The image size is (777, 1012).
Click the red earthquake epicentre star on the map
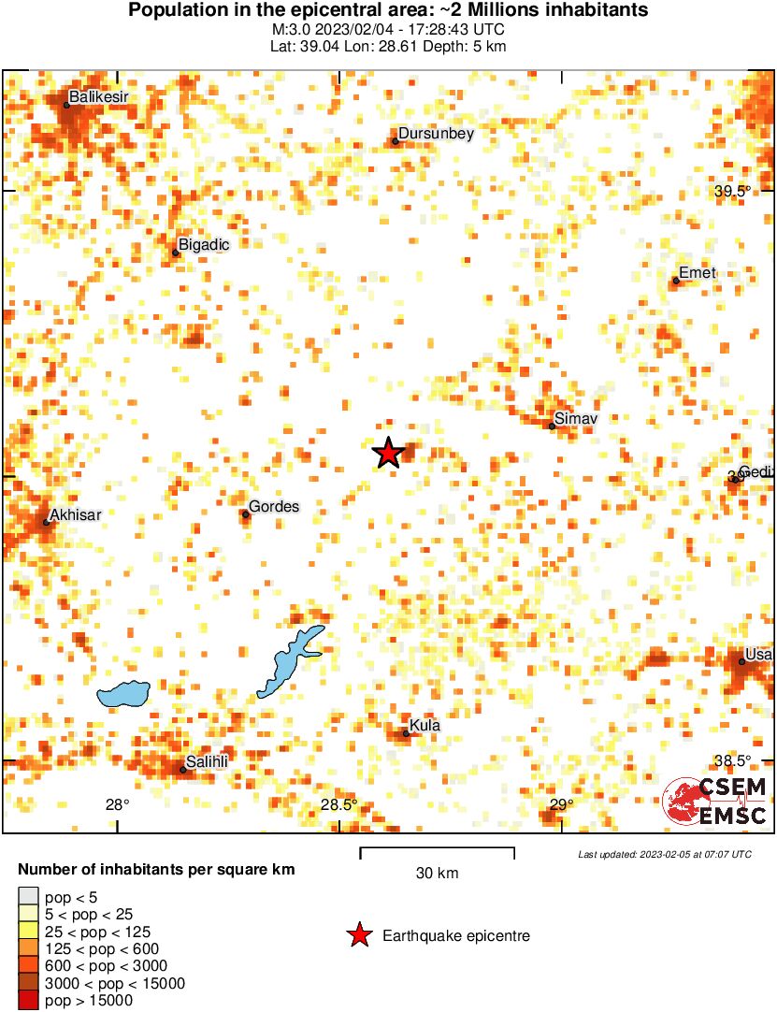[388, 454]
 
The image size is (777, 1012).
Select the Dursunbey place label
[437, 134]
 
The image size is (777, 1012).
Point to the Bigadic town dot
[175, 253]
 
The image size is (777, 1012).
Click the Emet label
[697, 273]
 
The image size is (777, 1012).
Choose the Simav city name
[575, 418]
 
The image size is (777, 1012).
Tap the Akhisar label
[75, 514]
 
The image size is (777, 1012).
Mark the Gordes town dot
[246, 514]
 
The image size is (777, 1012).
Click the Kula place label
[424, 726]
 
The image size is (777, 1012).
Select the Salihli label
[207, 762]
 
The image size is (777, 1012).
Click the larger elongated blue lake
[291, 660]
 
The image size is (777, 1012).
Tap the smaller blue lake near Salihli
[123, 693]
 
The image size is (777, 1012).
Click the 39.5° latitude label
[733, 192]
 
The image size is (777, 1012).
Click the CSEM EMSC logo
[715, 802]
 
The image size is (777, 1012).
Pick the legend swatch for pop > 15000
[29, 1001]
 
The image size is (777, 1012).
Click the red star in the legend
[358, 935]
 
